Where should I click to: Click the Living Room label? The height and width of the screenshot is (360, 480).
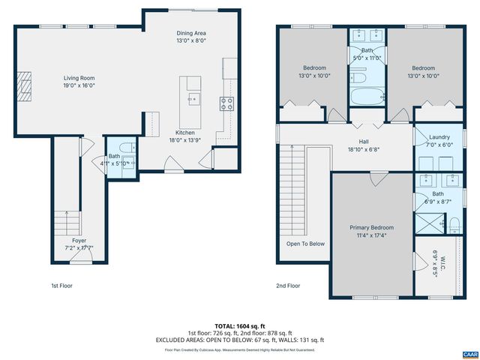[78, 77]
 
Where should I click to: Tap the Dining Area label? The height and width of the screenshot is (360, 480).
[191, 33]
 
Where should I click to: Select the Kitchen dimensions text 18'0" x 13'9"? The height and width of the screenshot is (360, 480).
[185, 139]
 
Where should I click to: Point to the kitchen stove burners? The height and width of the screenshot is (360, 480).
[226, 102]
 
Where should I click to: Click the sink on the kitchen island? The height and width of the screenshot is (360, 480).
[193, 97]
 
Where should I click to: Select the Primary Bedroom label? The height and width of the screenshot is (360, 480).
[371, 227]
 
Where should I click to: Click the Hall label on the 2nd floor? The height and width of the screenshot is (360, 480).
[363, 141]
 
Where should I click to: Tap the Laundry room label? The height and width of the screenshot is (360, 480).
[439, 137]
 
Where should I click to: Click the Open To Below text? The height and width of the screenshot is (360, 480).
[305, 243]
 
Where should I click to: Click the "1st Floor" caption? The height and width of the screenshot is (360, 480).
[61, 286]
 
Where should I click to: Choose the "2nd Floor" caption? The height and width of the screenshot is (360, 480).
[288, 286]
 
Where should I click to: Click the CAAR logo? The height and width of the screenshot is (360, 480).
[469, 352]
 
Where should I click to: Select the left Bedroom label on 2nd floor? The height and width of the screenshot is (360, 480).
[313, 68]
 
